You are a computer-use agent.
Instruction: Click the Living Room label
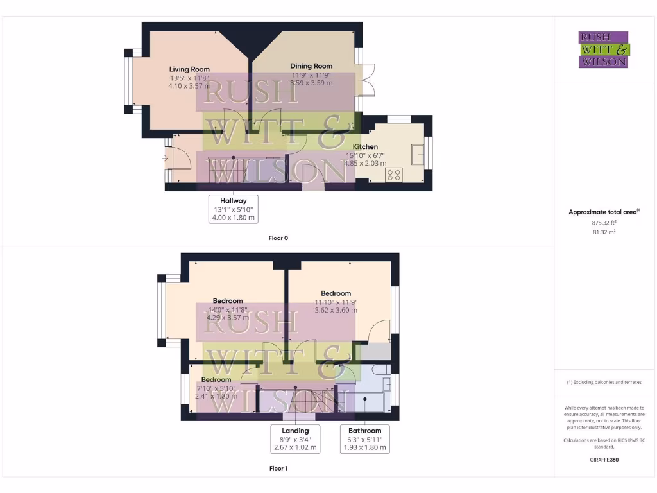pyautogui.click(x=189, y=69)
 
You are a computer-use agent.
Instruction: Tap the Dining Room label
pyautogui.click(x=311, y=66)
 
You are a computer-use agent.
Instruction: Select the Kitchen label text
pyautogui.click(x=365, y=147)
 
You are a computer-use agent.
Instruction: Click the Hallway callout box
pyautogui.click(x=234, y=209)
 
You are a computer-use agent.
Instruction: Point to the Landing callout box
pyautogui.click(x=295, y=439)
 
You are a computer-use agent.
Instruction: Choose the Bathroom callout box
pyautogui.click(x=364, y=439)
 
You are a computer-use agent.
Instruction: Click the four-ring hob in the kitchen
pyautogui.click(x=393, y=174)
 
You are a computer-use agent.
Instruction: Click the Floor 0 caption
pyautogui.click(x=278, y=238)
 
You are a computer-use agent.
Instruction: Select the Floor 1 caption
pyautogui.click(x=278, y=469)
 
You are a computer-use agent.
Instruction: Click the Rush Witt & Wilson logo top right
pyautogui.click(x=603, y=49)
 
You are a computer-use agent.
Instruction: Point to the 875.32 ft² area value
pyautogui.click(x=603, y=223)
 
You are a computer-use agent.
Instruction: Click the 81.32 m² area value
pyautogui.click(x=603, y=232)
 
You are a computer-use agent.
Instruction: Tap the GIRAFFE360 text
pyautogui.click(x=603, y=460)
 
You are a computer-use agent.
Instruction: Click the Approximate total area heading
pyautogui.click(x=604, y=212)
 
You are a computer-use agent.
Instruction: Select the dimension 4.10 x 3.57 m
pyautogui.click(x=189, y=85)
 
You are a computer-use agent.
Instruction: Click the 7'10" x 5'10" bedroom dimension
pyautogui.click(x=216, y=388)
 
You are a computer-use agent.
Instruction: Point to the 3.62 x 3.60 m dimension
pyautogui.click(x=336, y=310)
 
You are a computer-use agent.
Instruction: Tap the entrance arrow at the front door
pyautogui.click(x=165, y=157)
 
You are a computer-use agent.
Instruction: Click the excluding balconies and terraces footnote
pyautogui.click(x=604, y=382)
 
